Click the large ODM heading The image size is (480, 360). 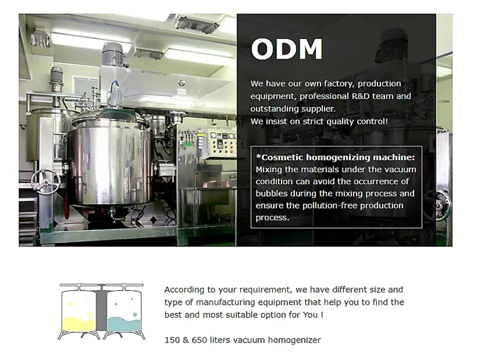pyautogui.click(x=286, y=49)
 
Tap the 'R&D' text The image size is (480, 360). pyautogui.click(x=360, y=96)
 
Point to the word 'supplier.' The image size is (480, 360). pyautogui.click(x=318, y=109)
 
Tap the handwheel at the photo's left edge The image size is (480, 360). pyautogui.click(x=45, y=182)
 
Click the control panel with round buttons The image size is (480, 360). pyautogui.click(x=221, y=143)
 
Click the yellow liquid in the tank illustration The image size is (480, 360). pyautogui.click(x=78, y=324)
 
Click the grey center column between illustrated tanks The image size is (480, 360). pyautogui.click(x=101, y=310)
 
